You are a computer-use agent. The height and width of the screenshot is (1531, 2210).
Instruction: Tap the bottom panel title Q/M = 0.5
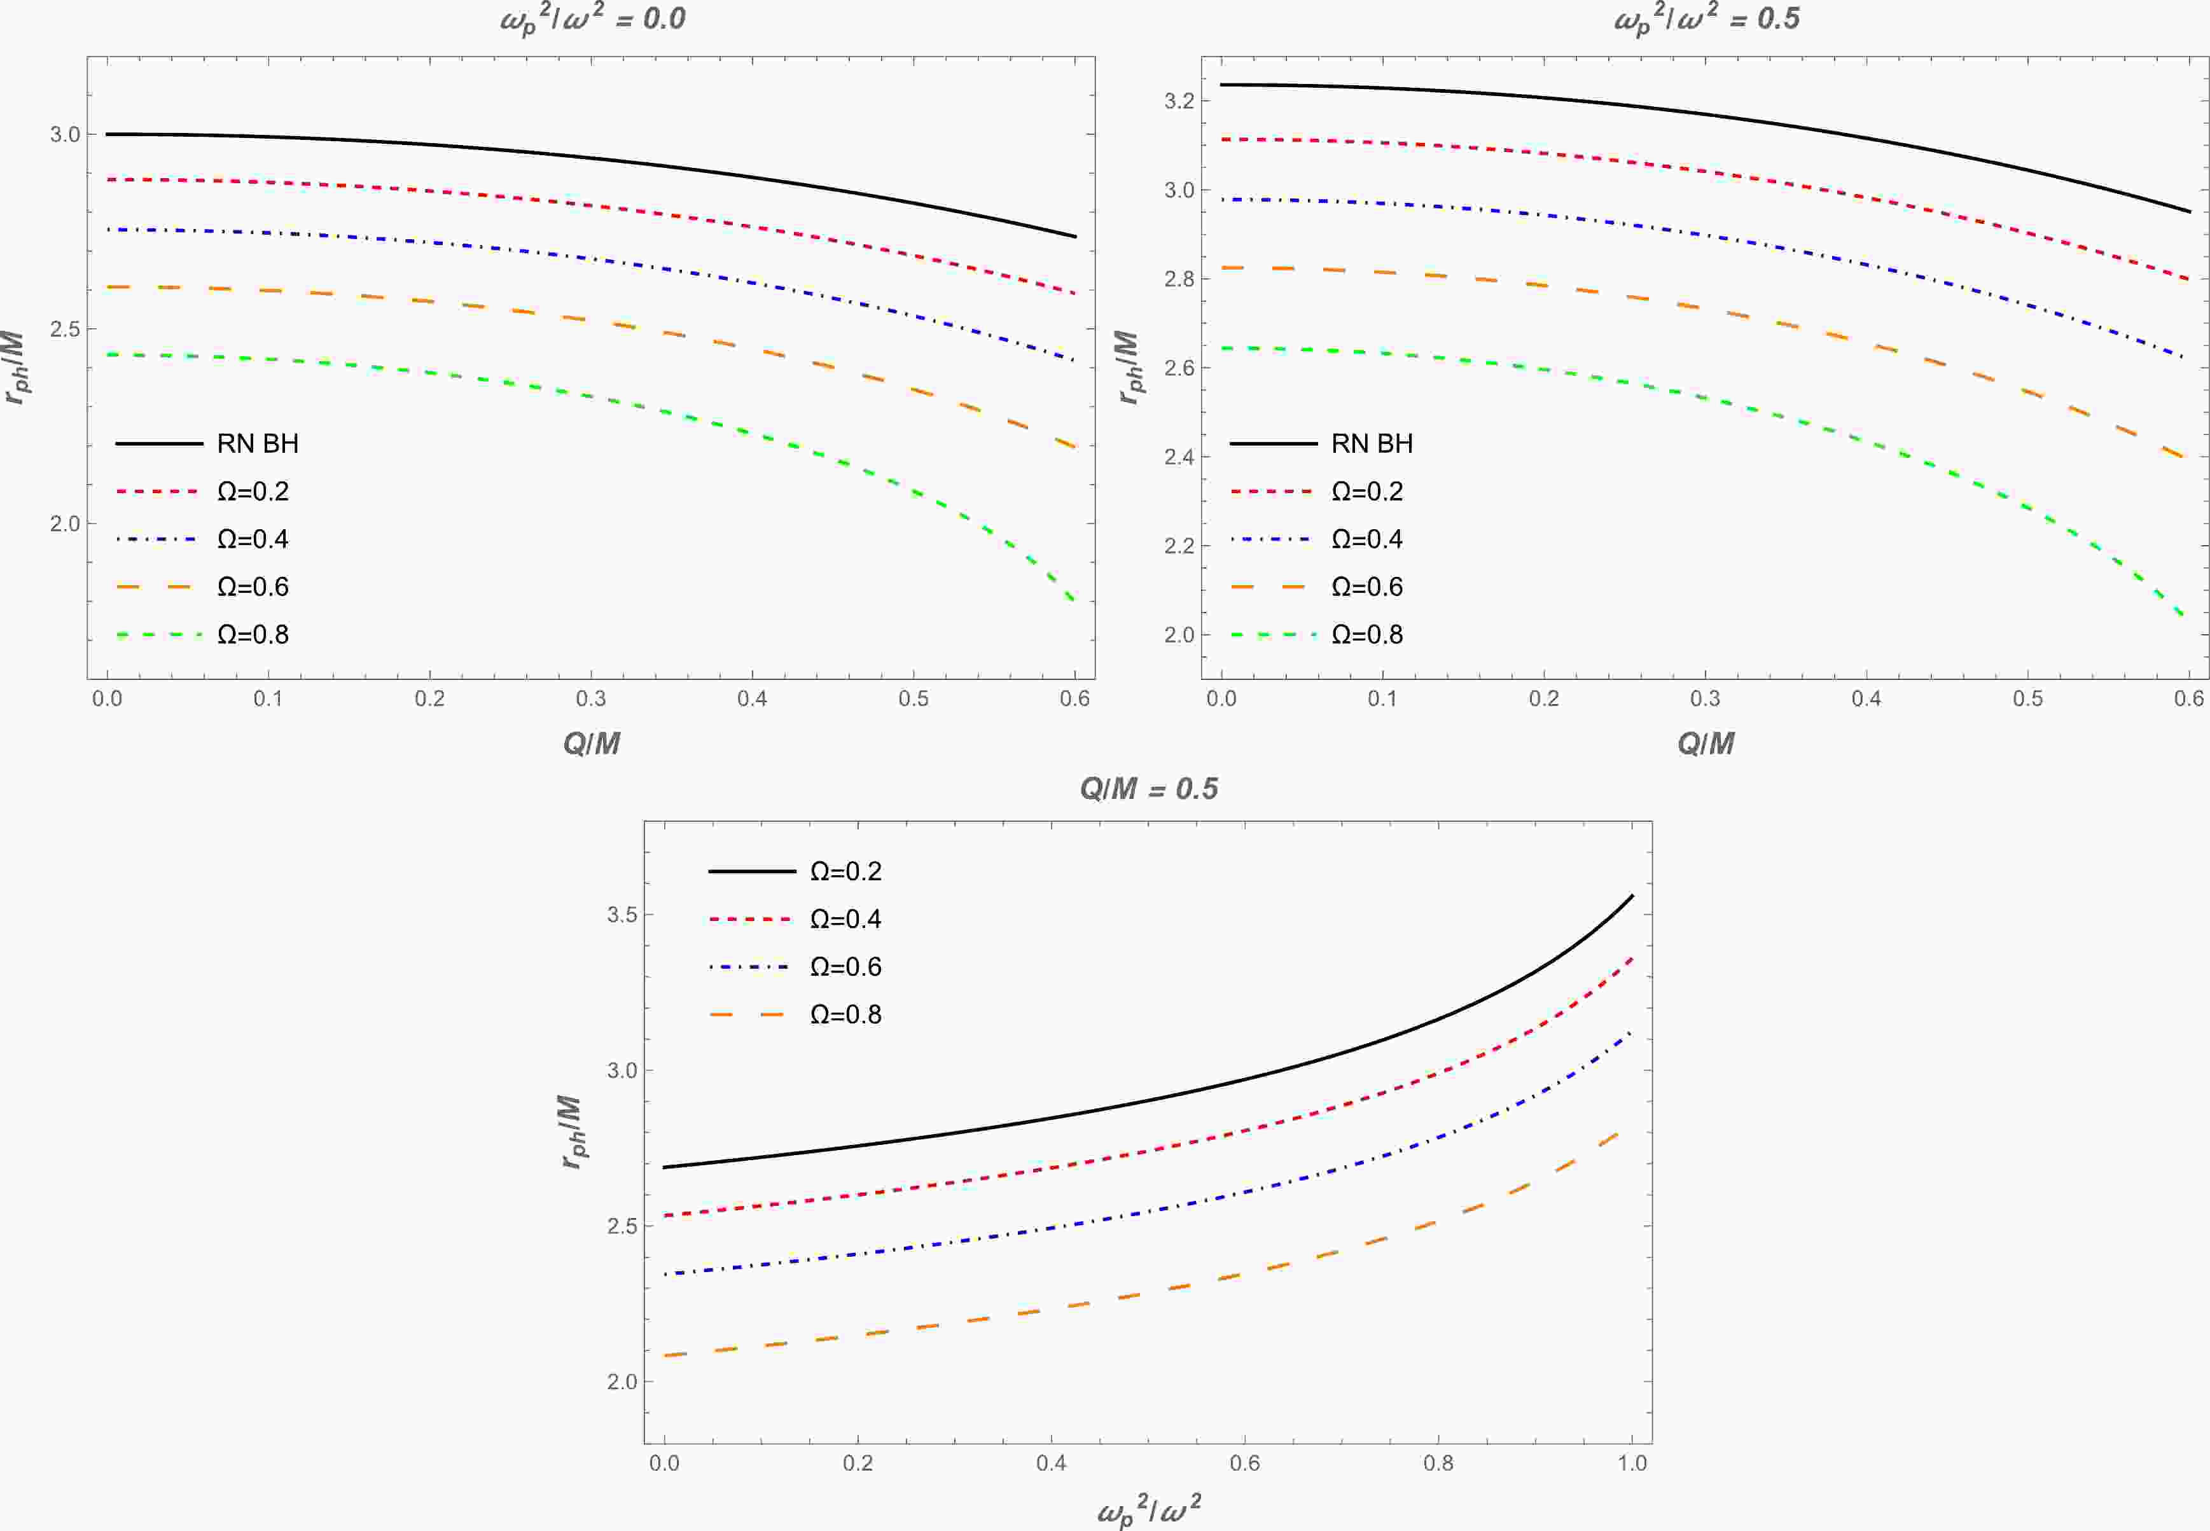[1148, 789]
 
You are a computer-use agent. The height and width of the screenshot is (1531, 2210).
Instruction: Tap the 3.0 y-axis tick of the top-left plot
[66, 134]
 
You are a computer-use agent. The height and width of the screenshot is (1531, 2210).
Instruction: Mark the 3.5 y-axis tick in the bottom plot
[622, 914]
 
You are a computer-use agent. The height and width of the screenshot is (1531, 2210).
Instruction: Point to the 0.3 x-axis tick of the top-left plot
[591, 699]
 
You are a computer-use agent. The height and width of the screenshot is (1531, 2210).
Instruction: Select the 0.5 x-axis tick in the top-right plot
[2028, 699]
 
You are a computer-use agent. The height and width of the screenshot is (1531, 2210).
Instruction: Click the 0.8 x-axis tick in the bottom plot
[1438, 1463]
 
